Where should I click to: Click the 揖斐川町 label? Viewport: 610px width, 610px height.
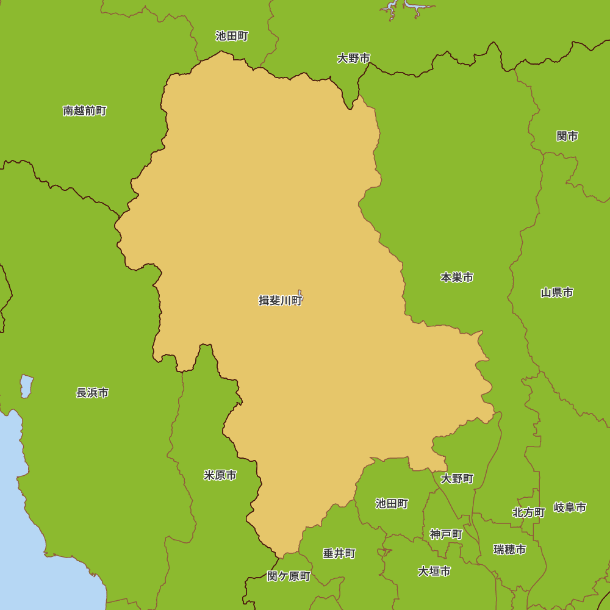(x=280, y=301)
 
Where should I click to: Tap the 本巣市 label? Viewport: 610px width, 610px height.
(x=457, y=278)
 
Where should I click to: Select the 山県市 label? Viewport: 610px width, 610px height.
(x=557, y=293)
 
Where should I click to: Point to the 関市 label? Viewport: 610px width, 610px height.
(x=567, y=136)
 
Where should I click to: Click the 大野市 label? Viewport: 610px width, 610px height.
(x=354, y=59)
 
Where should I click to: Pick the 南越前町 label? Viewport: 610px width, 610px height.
(x=85, y=111)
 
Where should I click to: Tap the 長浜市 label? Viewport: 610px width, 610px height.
(x=93, y=393)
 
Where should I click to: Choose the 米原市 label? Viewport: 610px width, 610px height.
(x=220, y=475)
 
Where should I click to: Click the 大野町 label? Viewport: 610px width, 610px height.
(x=457, y=479)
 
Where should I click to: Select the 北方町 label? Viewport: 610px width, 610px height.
(x=528, y=512)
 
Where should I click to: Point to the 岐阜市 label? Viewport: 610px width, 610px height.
(x=570, y=508)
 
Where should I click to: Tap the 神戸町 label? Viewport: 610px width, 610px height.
(x=446, y=534)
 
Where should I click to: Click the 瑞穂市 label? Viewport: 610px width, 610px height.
(x=510, y=550)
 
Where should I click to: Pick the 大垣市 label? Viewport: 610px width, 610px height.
(x=434, y=572)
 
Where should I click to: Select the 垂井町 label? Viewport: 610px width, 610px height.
(x=339, y=554)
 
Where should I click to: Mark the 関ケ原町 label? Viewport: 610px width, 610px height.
(x=289, y=576)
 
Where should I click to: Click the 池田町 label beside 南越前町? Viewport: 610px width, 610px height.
(x=232, y=36)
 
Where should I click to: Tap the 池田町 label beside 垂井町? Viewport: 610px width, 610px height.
(x=392, y=504)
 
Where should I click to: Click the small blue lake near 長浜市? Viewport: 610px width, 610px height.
(x=26, y=386)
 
